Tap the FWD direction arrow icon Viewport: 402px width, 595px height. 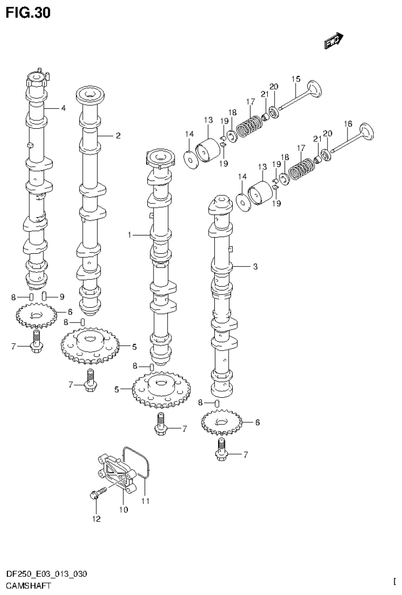[x=333, y=41]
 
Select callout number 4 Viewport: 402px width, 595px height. [x=63, y=108]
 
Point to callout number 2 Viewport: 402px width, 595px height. [x=118, y=136]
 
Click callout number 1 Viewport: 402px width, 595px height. [x=129, y=235]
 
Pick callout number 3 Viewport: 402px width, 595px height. [x=255, y=267]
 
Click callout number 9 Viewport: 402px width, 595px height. [x=61, y=297]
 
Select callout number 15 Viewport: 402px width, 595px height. [x=296, y=79]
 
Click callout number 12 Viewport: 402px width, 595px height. [x=96, y=519]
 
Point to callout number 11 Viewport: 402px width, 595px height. [x=145, y=501]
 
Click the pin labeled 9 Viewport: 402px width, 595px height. [x=46, y=296]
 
